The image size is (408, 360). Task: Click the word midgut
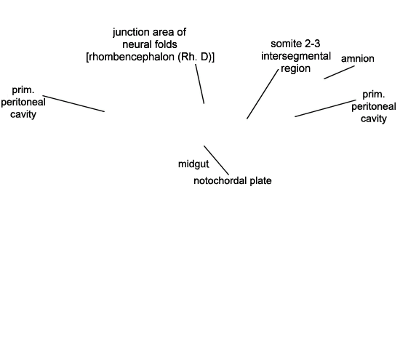(193, 164)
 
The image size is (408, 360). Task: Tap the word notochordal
(220, 180)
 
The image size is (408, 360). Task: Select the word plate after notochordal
(260, 181)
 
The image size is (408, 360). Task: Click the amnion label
(358, 58)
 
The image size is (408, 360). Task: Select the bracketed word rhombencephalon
(131, 57)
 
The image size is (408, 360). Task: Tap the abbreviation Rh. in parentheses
(188, 57)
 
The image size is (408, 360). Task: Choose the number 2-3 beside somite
(312, 44)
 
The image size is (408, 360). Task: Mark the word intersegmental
(296, 56)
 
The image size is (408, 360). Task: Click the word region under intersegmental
(295, 68)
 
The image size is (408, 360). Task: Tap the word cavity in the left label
(23, 114)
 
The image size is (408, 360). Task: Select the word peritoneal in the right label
(374, 107)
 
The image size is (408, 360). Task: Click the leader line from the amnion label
(339, 72)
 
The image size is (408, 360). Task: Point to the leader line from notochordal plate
(217, 161)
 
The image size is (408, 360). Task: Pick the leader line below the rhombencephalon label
(200, 84)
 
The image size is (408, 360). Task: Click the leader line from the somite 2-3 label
(263, 94)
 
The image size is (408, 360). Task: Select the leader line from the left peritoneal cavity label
(73, 103)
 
